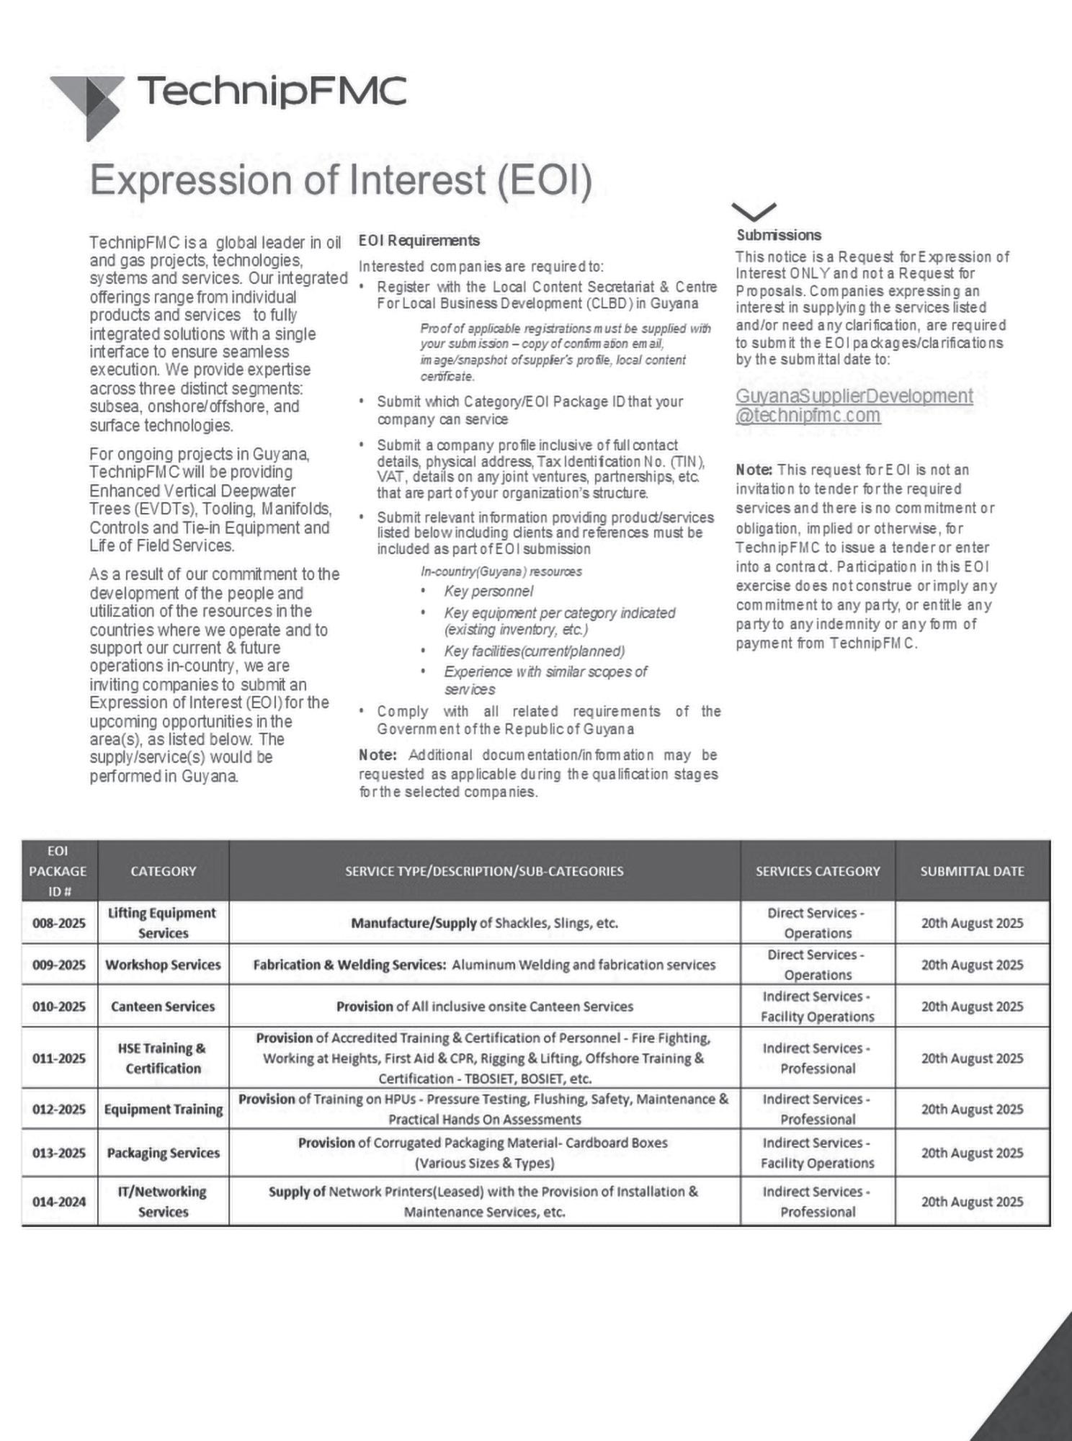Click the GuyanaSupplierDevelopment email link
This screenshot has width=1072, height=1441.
point(854,406)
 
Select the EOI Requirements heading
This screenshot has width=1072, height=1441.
point(419,241)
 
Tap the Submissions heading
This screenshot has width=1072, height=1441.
point(778,236)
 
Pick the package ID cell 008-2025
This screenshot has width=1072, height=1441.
point(59,923)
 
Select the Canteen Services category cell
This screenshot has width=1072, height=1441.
point(163,1007)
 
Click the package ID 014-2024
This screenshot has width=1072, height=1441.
point(59,1202)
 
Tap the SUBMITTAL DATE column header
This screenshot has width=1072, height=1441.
point(972,871)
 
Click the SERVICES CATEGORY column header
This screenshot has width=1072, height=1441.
point(818,871)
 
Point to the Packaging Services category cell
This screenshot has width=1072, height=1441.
point(163,1153)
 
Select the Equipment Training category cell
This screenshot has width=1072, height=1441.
point(163,1110)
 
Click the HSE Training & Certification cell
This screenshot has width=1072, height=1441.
point(163,1058)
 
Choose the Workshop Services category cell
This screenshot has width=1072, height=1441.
point(163,965)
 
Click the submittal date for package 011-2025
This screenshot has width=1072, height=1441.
point(972,1058)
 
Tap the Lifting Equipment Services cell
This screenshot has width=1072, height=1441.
point(163,923)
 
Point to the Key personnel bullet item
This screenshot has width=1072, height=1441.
point(488,592)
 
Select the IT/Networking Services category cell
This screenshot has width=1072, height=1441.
point(163,1202)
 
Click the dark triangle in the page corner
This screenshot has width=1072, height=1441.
point(1037,1398)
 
